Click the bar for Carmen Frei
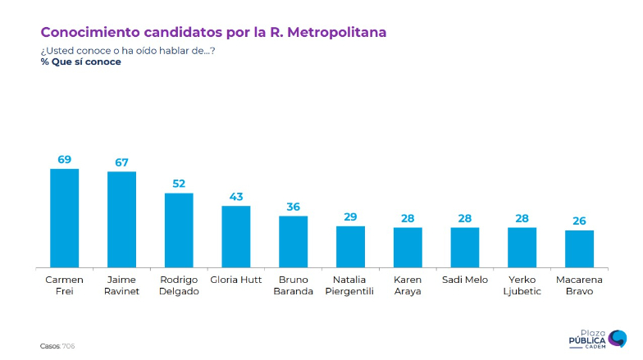click(x=65, y=218)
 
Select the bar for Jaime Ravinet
click(x=121, y=220)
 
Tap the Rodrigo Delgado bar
click(x=179, y=230)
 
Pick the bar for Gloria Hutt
click(x=236, y=237)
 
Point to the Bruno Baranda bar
click(x=293, y=242)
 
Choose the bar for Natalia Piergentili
click(x=350, y=247)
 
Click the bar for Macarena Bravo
click(x=579, y=248)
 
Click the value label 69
click(x=65, y=159)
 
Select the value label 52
click(x=179, y=184)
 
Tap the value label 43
click(x=236, y=197)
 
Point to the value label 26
click(x=579, y=221)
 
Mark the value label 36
click(x=293, y=207)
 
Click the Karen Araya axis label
click(x=408, y=285)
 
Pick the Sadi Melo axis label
click(x=464, y=280)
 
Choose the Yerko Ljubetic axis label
click(x=522, y=285)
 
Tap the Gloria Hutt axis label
click(x=236, y=280)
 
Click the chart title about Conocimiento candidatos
click(x=213, y=32)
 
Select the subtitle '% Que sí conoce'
click(x=80, y=62)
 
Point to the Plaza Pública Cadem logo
click(x=598, y=339)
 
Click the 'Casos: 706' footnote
click(x=57, y=345)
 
